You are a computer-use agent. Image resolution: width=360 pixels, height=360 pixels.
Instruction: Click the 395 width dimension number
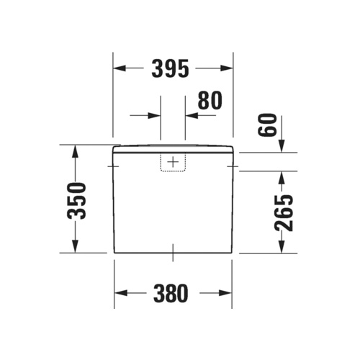pyautogui.click(x=171, y=68)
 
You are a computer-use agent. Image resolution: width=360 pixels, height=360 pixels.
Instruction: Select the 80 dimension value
pyautogui.click(x=209, y=102)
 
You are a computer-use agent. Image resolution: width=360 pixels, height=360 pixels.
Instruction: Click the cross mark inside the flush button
pyautogui.click(x=172, y=163)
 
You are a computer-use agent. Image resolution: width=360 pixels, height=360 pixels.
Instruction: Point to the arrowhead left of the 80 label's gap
pyautogui.click(x=154, y=114)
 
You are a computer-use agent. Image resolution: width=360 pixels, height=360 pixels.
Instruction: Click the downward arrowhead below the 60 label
pyautogui.click(x=282, y=147)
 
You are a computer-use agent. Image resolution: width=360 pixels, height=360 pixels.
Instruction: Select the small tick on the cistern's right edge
pyautogui.click(x=233, y=166)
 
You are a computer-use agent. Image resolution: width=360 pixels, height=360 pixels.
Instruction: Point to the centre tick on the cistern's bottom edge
pyautogui.click(x=173, y=252)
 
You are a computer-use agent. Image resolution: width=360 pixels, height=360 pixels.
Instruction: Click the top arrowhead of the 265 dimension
pyautogui.click(x=282, y=176)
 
